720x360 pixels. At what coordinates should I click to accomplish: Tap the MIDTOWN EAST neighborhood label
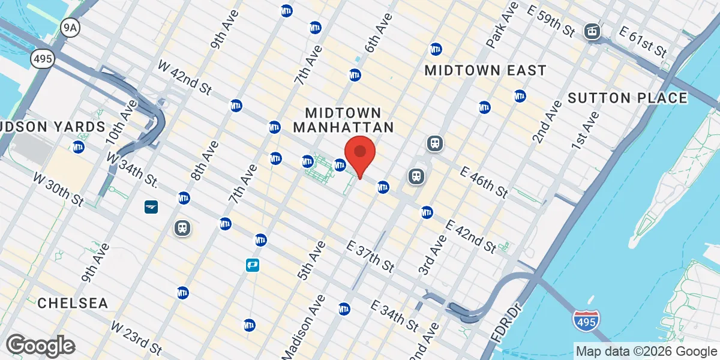tap(485, 71)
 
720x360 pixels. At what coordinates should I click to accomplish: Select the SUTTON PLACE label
tap(627, 98)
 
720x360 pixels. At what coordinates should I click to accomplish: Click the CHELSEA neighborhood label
tap(73, 303)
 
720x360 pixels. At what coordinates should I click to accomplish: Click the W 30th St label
tap(58, 188)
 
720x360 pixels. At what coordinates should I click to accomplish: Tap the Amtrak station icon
tap(151, 207)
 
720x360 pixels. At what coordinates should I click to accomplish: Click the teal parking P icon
tap(253, 265)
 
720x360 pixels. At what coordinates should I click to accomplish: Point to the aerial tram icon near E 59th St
tap(593, 31)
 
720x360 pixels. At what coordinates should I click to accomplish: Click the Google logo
tap(41, 346)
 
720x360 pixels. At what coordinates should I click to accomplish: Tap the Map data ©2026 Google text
tap(646, 352)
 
